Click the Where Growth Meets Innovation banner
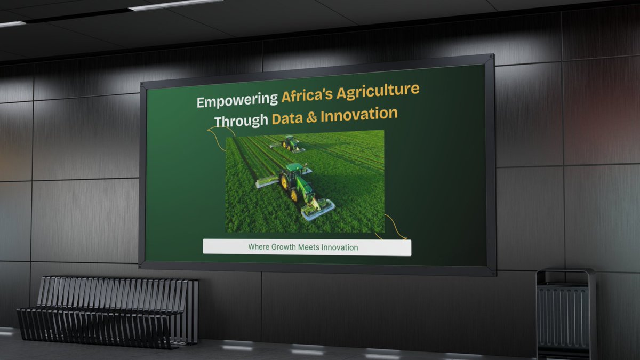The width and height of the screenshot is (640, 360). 307,247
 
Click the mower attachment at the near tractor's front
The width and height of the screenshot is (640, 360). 318,209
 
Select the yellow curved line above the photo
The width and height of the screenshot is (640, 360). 220,140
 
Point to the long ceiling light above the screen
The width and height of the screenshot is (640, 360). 176,5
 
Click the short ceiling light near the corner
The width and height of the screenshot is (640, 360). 12,24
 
